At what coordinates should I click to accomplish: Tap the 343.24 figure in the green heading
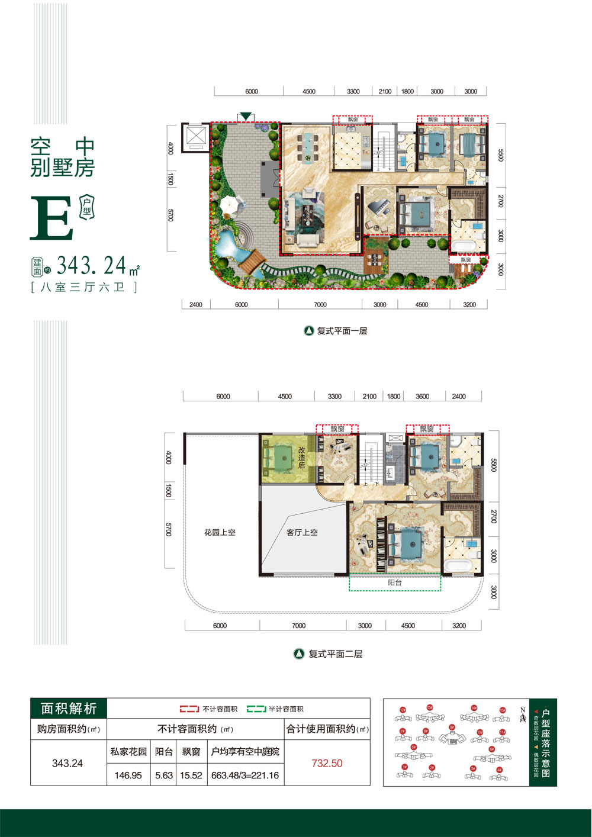tap(92, 266)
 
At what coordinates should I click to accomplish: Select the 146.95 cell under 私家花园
tap(128, 775)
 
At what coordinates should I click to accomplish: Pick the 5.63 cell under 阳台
tap(164, 775)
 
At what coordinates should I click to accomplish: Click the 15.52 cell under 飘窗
tap(191, 775)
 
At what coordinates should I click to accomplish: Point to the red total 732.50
tap(327, 764)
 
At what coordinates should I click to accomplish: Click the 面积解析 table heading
tap(69, 709)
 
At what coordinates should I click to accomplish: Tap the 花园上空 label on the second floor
tap(220, 532)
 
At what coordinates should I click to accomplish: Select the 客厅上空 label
tap(302, 532)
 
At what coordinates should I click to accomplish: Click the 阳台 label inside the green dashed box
tap(395, 582)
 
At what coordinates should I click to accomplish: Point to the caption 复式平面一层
tap(342, 331)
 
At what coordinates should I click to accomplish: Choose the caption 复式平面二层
tap(335, 654)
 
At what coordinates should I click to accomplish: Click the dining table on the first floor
tap(307, 146)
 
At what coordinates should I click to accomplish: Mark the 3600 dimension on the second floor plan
tap(422, 397)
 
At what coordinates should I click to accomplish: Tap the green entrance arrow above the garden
tap(246, 115)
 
